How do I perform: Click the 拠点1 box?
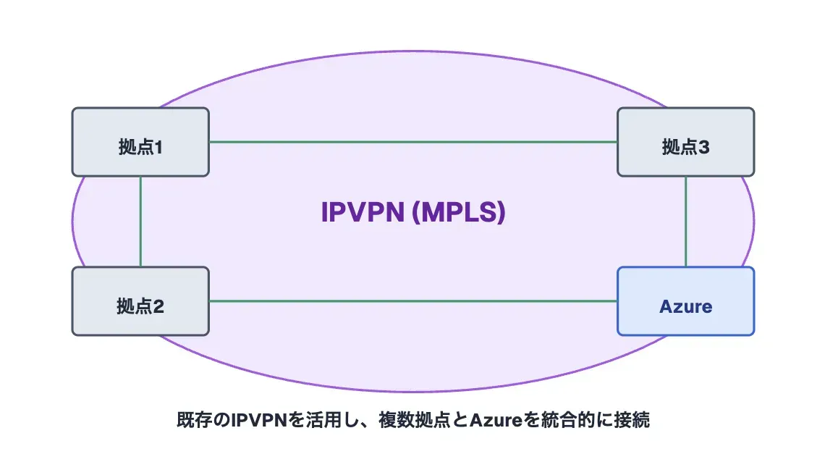[140, 142]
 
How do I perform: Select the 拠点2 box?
[140, 301]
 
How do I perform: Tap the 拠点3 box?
[685, 142]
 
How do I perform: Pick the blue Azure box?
[685, 301]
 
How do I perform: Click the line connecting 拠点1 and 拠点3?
[412, 142]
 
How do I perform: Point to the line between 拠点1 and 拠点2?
[140, 221]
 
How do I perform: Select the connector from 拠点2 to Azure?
[412, 301]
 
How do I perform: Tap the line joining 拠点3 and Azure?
[685, 221]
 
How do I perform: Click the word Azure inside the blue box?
[685, 306]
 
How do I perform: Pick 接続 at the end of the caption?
[632, 420]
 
